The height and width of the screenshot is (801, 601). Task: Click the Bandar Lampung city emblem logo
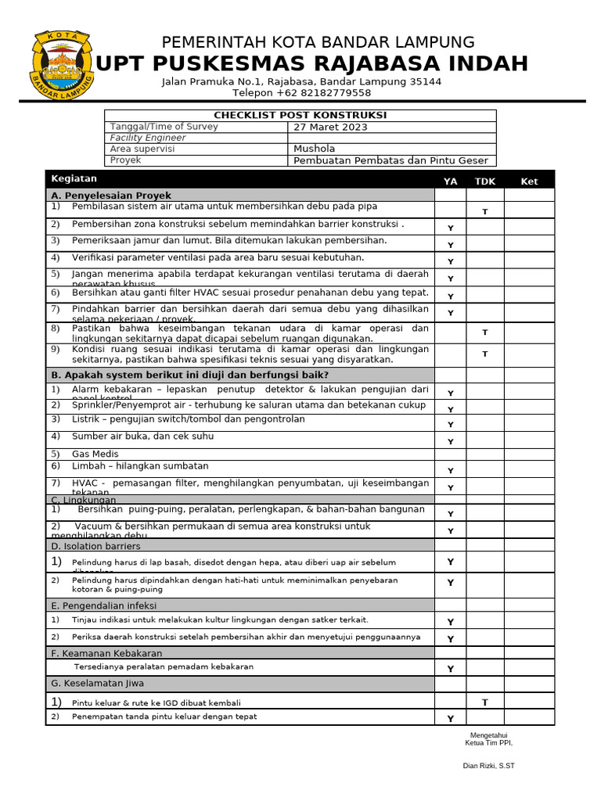(61, 65)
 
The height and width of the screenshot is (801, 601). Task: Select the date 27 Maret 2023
(329, 127)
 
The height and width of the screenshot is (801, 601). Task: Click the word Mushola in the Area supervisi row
(314, 149)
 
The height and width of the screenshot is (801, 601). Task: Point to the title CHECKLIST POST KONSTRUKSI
(300, 115)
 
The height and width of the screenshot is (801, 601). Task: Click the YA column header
(450, 181)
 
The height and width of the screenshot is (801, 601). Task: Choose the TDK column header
(484, 181)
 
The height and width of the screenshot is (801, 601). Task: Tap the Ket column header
(529, 181)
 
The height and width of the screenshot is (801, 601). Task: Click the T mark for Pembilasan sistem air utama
(484, 212)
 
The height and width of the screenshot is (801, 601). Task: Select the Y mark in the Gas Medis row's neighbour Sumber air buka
(450, 442)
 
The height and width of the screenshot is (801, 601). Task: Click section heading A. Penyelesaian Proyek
(110, 196)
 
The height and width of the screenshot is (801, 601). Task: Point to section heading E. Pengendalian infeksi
(104, 605)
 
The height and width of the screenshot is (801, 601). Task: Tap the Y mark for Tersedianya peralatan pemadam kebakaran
(450, 669)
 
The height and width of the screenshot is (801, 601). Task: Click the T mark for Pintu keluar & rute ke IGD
(484, 702)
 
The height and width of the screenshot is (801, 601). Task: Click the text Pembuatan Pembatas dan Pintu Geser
(390, 160)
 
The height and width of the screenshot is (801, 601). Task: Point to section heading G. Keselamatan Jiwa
(98, 684)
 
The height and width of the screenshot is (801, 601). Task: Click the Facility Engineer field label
(148, 138)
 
